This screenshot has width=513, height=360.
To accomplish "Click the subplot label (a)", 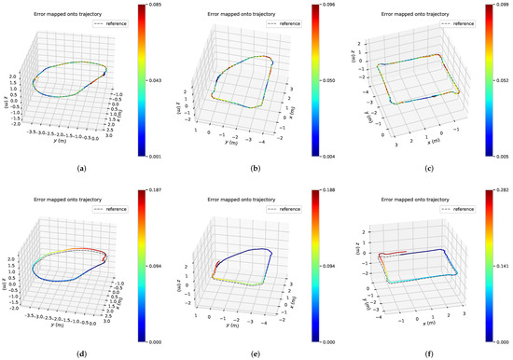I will [84, 169].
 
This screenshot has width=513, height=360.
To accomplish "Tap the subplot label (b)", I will [256, 169].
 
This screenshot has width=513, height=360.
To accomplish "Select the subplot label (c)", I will [428, 169].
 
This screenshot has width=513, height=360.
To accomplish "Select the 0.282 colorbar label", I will [502, 191].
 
